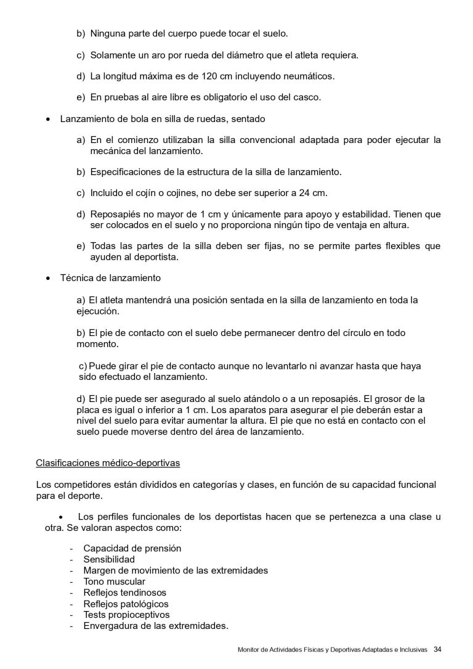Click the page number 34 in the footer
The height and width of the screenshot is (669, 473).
(x=438, y=649)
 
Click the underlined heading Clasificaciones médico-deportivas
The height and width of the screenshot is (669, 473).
(x=108, y=462)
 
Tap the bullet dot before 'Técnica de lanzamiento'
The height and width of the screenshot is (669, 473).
(x=48, y=279)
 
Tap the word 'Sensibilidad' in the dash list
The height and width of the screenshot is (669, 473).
(x=109, y=559)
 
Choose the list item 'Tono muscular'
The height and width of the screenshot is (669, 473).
(x=114, y=581)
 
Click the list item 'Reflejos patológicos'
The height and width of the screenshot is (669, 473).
(x=126, y=604)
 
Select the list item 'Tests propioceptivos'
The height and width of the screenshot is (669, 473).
(x=126, y=615)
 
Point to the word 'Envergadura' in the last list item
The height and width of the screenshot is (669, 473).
(x=110, y=626)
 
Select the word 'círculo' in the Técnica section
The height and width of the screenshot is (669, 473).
(x=349, y=332)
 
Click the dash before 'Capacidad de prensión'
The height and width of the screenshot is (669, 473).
(x=73, y=548)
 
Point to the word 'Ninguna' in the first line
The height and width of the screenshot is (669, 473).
(x=107, y=34)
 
